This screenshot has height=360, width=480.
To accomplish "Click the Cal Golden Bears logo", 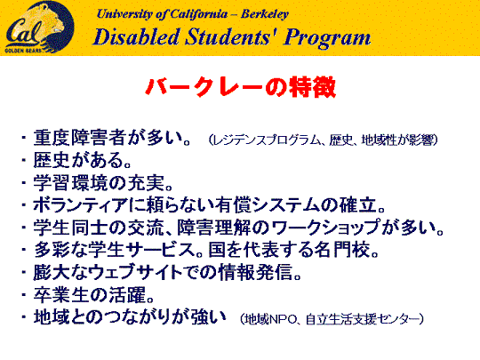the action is pyautogui.click(x=38, y=27).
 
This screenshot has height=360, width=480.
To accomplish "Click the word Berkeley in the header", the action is pyautogui.click(x=265, y=14).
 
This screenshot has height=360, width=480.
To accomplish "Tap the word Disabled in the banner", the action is pyautogui.click(x=136, y=37).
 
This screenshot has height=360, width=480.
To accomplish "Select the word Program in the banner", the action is pyautogui.click(x=327, y=38).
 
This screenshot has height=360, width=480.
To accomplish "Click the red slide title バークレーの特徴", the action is pyautogui.click(x=241, y=87).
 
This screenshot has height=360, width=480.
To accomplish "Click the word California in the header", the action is pyautogui.click(x=199, y=14).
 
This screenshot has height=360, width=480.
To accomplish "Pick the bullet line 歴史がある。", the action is pyautogui.click(x=83, y=160).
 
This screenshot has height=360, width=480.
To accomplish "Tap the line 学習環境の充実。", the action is pyautogui.click(x=103, y=183).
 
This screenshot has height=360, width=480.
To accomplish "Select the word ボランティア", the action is pyautogui.click(x=80, y=205).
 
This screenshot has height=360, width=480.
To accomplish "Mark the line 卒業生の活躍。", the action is pyautogui.click(x=93, y=295).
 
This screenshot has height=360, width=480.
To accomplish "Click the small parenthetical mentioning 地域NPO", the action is pyautogui.click(x=332, y=319).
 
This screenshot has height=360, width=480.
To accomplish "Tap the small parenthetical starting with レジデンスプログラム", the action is pyautogui.click(x=324, y=140).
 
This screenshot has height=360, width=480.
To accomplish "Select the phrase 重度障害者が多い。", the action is pyautogui.click(x=112, y=138).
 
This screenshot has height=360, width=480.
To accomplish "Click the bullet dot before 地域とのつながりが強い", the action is pyautogui.click(x=24, y=317).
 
